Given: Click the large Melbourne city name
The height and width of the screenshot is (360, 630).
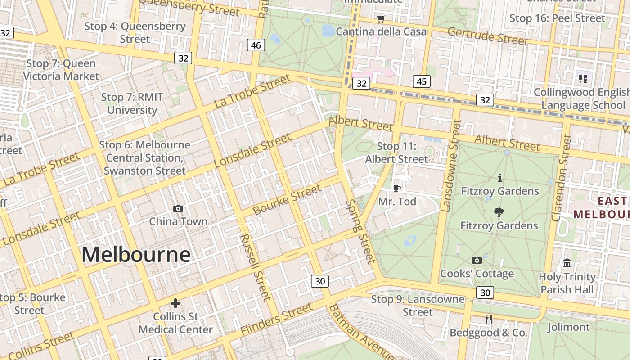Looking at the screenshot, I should (136, 255).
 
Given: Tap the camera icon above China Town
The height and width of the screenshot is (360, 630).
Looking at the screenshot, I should (178, 208).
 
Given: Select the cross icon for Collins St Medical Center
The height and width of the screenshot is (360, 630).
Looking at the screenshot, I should (175, 303).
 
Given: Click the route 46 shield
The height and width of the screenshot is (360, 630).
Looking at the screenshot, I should (256, 45).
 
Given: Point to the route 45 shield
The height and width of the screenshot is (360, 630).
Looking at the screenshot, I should (421, 81).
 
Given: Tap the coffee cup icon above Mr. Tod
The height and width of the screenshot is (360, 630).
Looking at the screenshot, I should (396, 188).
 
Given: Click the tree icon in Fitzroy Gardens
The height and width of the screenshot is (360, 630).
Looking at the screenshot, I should (499, 212).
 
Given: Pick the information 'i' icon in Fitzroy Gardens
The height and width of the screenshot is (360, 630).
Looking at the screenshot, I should (499, 178).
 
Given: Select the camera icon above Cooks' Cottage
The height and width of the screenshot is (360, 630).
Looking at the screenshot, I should (477, 260).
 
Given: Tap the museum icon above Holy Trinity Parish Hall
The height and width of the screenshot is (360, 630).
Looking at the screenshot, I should (567, 263).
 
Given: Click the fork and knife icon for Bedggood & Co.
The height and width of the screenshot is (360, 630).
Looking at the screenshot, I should (489, 319).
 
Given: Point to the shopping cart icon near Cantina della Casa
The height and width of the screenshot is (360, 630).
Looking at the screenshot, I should (381, 18).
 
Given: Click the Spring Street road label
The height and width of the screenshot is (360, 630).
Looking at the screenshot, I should (360, 232).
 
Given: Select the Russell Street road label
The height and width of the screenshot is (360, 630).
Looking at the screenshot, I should (256, 267).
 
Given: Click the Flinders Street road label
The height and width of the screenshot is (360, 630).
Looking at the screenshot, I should (276, 319).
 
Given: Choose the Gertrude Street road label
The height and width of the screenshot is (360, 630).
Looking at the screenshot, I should (487, 36).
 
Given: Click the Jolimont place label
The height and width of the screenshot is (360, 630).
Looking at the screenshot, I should (568, 327).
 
